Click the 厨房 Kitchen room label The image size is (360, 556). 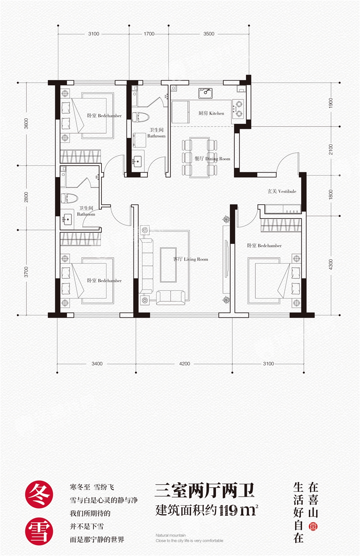point(211,113)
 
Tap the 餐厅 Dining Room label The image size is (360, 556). point(212,159)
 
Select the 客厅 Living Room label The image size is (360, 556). point(191,259)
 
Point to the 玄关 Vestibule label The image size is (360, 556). point(282,192)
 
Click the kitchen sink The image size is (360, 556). point(205,93)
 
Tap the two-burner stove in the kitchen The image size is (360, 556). point(238,108)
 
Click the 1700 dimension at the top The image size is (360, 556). point(149,34)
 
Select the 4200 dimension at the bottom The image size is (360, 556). point(184,364)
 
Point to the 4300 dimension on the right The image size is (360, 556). point(330,264)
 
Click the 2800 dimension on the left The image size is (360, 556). point(26,197)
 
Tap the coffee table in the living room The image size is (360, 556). point(168,264)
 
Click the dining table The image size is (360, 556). point(199,158)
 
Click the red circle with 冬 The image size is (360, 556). point(39,495)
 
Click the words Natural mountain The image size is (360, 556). point(171,536)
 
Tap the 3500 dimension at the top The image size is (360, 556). point(209,34)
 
